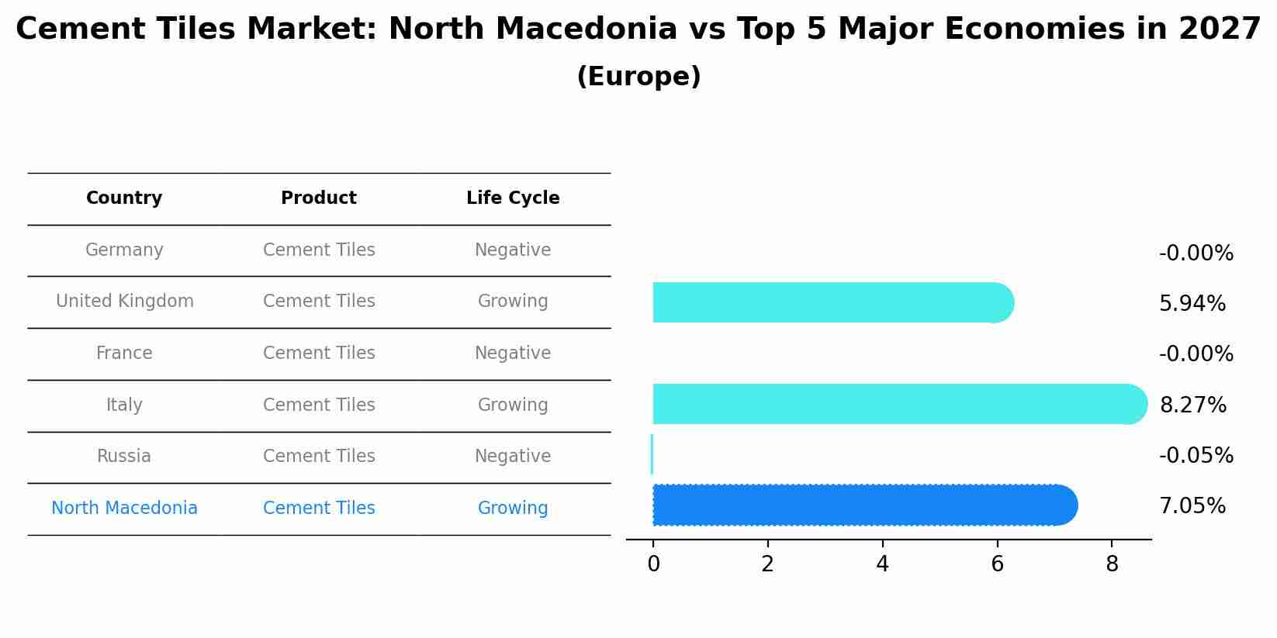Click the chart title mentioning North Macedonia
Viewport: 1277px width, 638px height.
click(x=638, y=29)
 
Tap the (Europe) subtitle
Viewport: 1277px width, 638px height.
click(x=638, y=77)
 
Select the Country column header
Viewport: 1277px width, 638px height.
click(x=124, y=198)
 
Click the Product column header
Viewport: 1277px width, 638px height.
click(x=319, y=198)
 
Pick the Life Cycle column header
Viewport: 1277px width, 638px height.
click(x=513, y=198)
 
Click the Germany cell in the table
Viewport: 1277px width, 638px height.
click(x=124, y=250)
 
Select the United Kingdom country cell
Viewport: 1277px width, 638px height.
click(x=125, y=302)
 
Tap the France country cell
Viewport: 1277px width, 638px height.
click(x=124, y=353)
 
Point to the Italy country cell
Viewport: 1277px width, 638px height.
click(x=124, y=405)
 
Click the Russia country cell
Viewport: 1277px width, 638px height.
click(x=124, y=457)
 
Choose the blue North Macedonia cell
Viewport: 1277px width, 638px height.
click(x=124, y=509)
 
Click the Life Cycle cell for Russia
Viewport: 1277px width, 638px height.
click(x=513, y=457)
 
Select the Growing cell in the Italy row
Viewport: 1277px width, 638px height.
click(x=513, y=405)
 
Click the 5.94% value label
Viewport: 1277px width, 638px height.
click(x=1192, y=304)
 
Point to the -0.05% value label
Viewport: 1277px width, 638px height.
click(x=1196, y=456)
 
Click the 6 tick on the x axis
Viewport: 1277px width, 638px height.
click(x=997, y=564)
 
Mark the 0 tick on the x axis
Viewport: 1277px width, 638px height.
click(x=653, y=564)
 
